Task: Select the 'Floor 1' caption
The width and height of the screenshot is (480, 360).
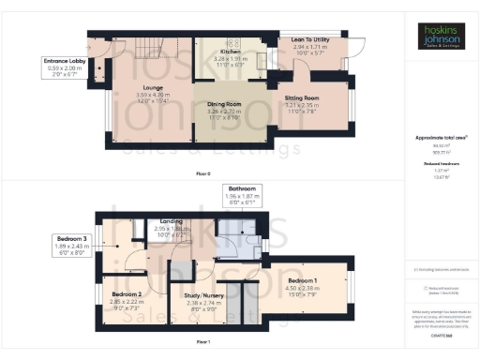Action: click(x=203, y=343)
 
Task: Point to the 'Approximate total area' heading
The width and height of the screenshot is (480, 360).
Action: click(x=441, y=137)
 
